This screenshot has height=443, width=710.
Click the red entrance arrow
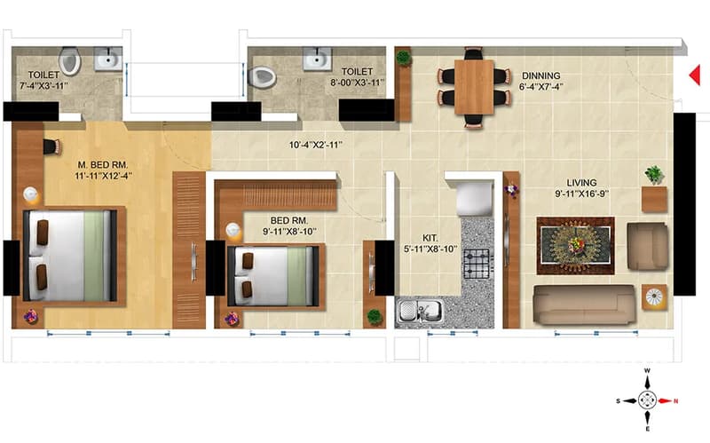[695, 75]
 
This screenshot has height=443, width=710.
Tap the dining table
[474, 87]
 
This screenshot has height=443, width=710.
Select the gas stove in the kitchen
[477, 264]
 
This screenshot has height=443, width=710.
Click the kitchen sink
[419, 311]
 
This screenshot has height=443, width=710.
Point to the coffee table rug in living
[575, 246]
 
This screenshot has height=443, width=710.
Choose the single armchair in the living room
[647, 246]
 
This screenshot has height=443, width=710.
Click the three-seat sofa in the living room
[585, 304]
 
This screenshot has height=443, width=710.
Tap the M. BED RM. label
[103, 164]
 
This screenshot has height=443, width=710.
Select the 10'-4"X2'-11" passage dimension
[316, 145]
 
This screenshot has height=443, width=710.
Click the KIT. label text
[430, 238]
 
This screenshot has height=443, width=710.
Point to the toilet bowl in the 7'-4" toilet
[70, 60]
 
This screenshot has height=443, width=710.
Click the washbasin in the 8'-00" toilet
[317, 59]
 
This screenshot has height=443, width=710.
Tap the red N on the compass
[676, 401]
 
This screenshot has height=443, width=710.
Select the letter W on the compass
[647, 370]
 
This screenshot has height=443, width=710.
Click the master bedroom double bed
[70, 256]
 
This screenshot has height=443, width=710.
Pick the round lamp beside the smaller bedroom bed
[233, 230]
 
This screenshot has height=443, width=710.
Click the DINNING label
[541, 75]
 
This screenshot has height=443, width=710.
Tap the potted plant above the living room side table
[654, 175]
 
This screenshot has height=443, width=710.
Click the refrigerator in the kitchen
[475, 197]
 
